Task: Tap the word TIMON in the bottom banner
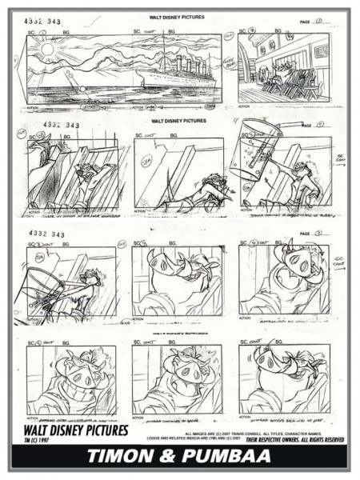[x=132, y=457]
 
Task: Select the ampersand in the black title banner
[x=178, y=457]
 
